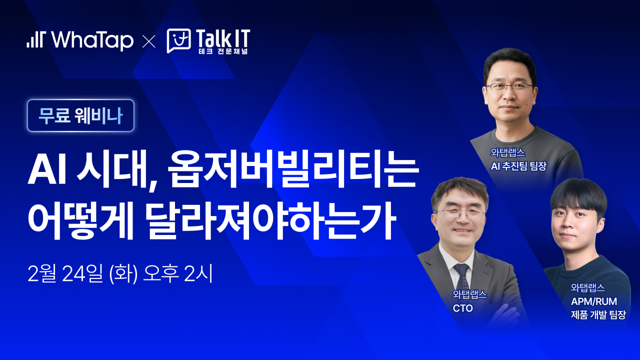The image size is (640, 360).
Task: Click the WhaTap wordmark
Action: pyautogui.click(x=92, y=40)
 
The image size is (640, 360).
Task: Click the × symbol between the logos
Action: pyautogui.click(x=149, y=41)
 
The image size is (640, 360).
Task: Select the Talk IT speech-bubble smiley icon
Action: pyautogui.click(x=179, y=40)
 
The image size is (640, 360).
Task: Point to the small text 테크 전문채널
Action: pyautogui.click(x=223, y=51)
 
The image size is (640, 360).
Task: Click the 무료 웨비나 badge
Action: pyautogui.click(x=80, y=115)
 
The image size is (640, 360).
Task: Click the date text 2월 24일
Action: pyautogui.click(x=65, y=273)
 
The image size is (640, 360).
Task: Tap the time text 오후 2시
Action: pyautogui.click(x=178, y=273)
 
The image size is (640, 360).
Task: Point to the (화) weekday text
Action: pyautogui.click(x=123, y=273)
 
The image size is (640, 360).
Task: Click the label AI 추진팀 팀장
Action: pyautogui.click(x=518, y=166)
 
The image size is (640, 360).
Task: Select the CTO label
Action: pyautogui.click(x=463, y=308)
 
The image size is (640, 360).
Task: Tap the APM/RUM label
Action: pyautogui.click(x=594, y=301)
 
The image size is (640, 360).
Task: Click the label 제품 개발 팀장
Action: pyautogui.click(x=598, y=314)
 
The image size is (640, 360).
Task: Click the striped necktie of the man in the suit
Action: pyautogui.click(x=462, y=277)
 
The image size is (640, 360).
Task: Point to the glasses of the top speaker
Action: pyautogui.click(x=509, y=87)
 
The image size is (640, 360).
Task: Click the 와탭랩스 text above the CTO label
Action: pyautogui.click(x=469, y=294)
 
